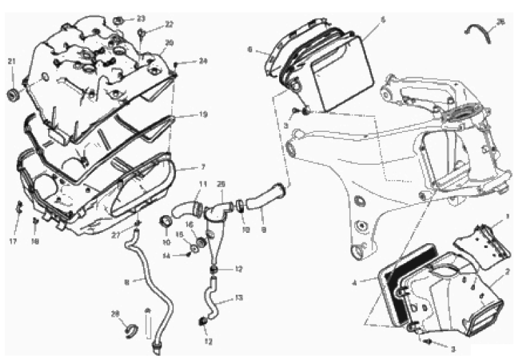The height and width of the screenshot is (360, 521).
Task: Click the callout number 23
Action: [140, 19]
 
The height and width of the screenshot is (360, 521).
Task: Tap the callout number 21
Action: [11, 62]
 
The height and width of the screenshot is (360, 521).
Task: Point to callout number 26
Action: [500, 21]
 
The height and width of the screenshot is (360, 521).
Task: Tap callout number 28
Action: [115, 313]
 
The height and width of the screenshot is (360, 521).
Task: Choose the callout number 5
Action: [383, 19]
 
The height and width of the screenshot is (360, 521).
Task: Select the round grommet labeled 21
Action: [12, 93]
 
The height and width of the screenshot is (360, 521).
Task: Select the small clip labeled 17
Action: [19, 205]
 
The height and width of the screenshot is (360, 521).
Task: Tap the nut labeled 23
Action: [119, 19]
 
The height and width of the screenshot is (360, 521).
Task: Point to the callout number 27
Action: [115, 235]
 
